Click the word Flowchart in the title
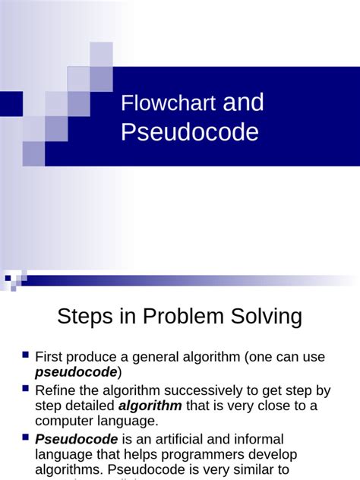[168, 104]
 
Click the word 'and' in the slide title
[243, 103]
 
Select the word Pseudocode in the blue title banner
[189, 132]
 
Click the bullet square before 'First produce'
[25, 355]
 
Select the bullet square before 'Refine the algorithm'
[25, 389]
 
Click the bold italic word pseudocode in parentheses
[76, 371]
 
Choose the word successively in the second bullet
[194, 391]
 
